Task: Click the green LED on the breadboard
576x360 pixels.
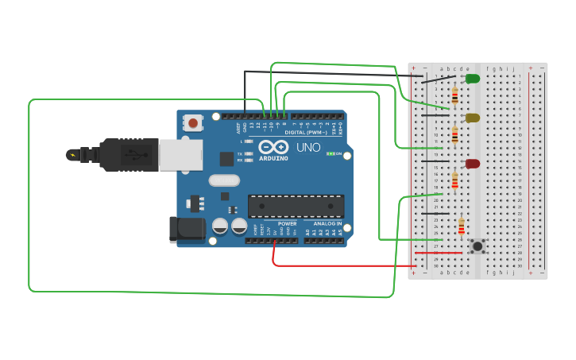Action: click(x=472, y=79)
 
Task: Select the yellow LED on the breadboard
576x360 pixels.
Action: click(x=472, y=118)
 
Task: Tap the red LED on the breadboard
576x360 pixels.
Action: click(x=472, y=164)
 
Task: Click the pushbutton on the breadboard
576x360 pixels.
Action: click(x=477, y=246)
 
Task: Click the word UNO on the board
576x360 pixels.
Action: click(x=308, y=148)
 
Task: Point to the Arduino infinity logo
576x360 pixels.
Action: click(x=273, y=148)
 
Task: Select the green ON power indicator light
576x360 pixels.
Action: click(x=331, y=153)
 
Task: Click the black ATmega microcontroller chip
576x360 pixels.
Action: click(x=296, y=207)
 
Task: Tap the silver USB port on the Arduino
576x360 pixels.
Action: click(x=180, y=155)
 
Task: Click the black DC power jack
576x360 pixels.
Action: click(x=183, y=230)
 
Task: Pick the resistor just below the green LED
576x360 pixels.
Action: click(x=454, y=95)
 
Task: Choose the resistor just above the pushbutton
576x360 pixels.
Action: click(x=462, y=227)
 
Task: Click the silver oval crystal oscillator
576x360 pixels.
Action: click(x=225, y=180)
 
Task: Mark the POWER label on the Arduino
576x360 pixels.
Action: click(x=287, y=223)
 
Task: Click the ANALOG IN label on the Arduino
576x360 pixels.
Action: click(x=327, y=223)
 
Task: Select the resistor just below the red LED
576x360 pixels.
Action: click(x=454, y=182)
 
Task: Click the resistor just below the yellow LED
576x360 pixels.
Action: click(x=454, y=135)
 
